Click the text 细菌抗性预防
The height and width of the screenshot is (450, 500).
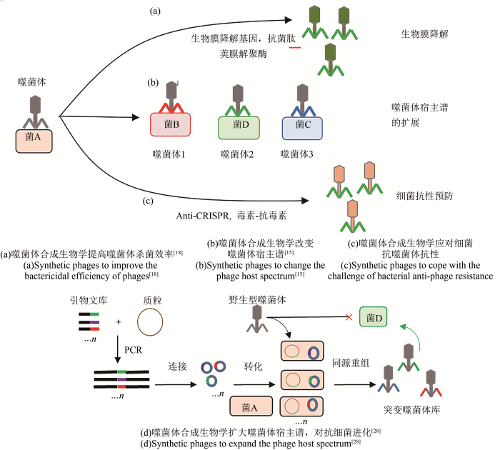423,194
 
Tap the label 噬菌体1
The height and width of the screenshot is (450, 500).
169,154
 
